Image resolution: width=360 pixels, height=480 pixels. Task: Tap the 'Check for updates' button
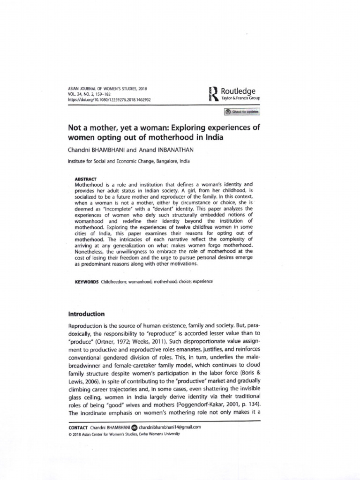coord(242,112)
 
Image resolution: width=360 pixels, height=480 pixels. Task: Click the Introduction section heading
coord(86,314)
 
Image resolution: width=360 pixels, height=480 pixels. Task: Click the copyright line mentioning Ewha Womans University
coord(124,434)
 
